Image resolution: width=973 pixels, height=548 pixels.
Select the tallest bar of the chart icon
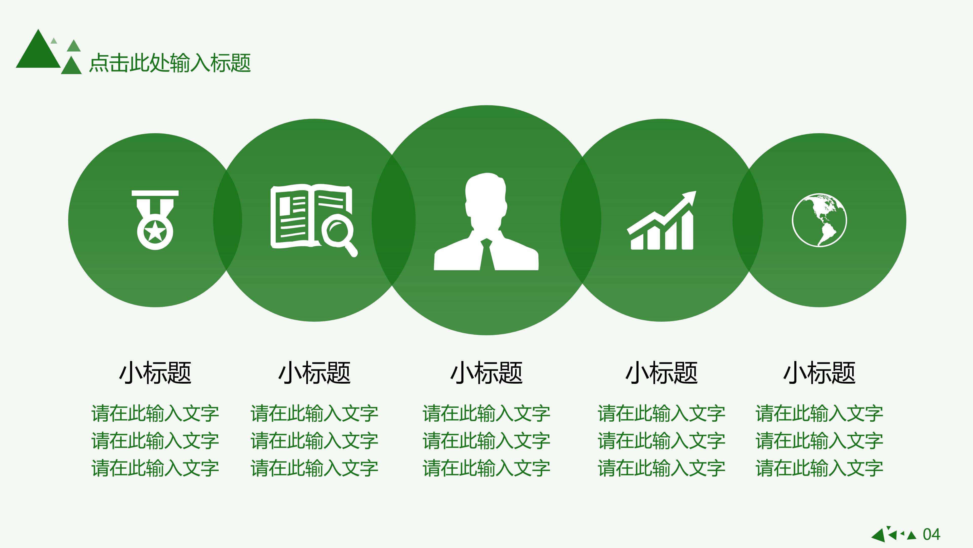point(687,231)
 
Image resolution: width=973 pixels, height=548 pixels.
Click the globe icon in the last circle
point(819,220)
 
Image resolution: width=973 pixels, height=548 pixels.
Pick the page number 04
point(931,534)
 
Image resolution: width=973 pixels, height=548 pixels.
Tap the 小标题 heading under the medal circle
point(155,373)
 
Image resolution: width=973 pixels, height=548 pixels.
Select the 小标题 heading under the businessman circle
point(486,373)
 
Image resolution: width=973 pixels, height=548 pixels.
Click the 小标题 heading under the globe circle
point(819,373)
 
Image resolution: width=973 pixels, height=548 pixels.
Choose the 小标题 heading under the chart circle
point(661,373)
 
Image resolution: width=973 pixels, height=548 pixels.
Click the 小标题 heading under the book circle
point(315,373)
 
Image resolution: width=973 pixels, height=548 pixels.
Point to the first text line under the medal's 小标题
point(155,413)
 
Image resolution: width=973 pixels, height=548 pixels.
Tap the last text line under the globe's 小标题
point(819,468)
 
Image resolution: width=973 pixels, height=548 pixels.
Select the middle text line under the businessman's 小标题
point(486,441)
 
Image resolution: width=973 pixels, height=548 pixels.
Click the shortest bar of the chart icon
point(637,242)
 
